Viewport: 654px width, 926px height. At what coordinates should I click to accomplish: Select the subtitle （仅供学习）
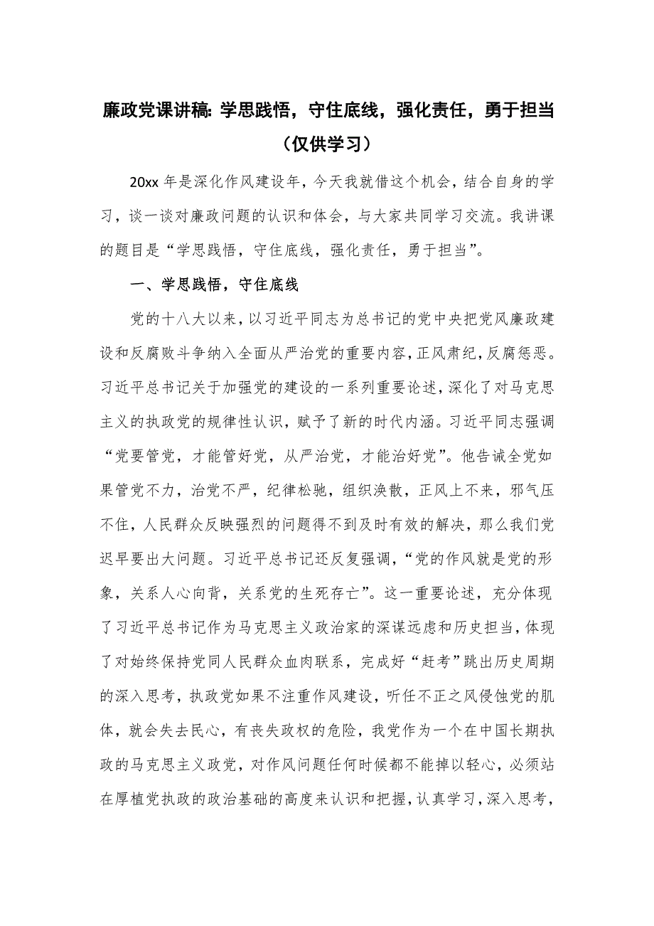(x=327, y=144)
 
